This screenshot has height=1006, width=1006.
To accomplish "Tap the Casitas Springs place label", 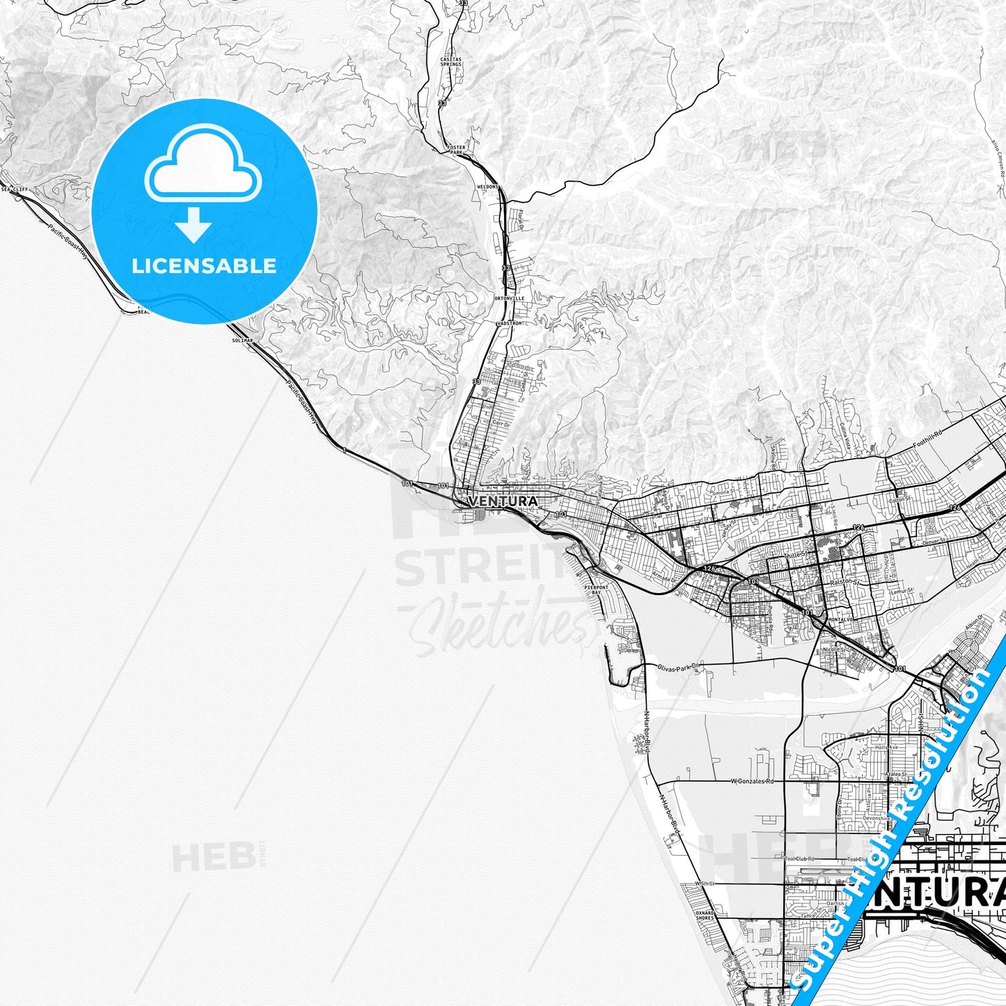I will (x=450, y=62).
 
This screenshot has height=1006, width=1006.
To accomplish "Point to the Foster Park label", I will (x=457, y=150).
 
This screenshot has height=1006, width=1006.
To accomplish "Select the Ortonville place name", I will (x=509, y=298).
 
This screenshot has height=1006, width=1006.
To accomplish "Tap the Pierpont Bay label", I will (x=597, y=590).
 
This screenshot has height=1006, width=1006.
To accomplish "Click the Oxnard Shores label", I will (x=705, y=915).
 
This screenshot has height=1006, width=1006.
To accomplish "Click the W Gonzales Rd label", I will (x=752, y=782).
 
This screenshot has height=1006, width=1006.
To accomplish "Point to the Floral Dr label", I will (x=519, y=220).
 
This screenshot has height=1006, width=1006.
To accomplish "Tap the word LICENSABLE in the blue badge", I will (x=204, y=265).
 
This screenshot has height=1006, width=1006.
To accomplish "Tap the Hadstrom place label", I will (x=509, y=324).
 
